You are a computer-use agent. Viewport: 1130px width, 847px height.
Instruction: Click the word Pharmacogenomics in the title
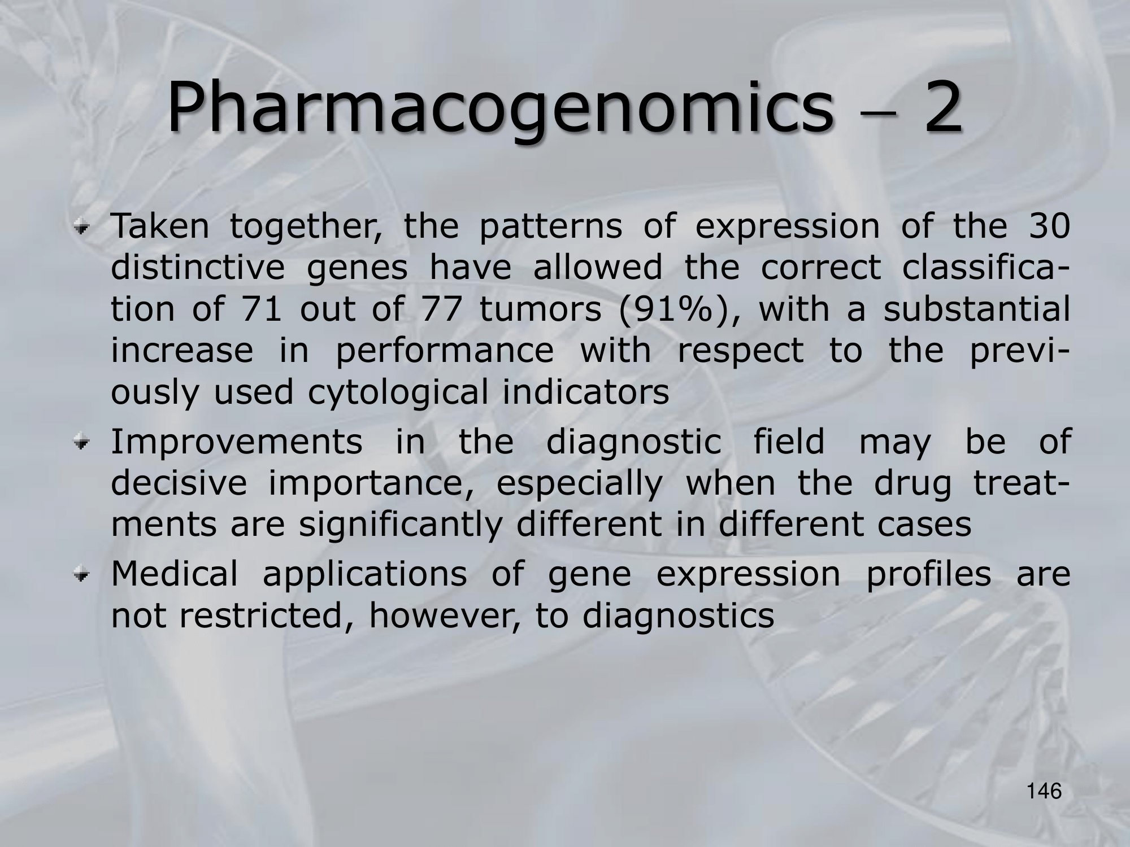point(499,108)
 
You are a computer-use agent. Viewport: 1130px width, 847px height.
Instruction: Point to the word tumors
point(540,309)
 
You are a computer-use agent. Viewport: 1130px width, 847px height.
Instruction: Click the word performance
point(445,351)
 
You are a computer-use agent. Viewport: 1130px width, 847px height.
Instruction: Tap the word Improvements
point(237,443)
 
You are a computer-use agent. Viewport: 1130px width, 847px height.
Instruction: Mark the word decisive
point(179,483)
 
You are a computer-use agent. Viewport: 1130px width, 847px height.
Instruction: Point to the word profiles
point(928,575)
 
